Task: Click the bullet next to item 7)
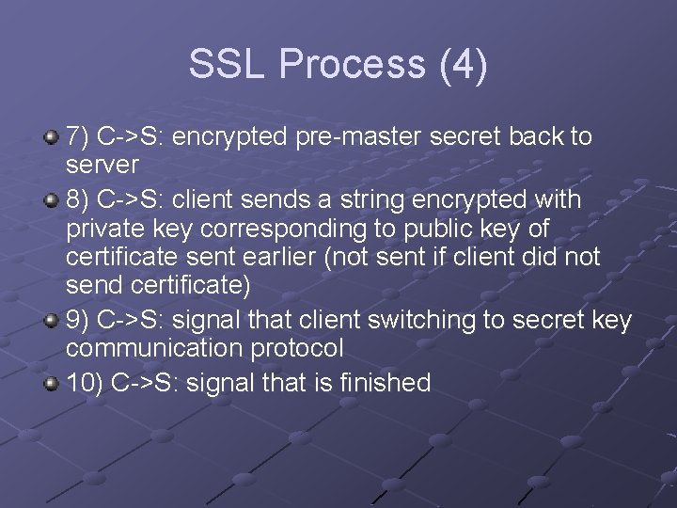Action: (52, 138)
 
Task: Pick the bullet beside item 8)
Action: (52, 201)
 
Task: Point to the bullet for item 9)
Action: (52, 322)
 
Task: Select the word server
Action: (102, 165)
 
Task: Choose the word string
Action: (380, 200)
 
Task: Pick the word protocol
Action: (297, 348)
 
